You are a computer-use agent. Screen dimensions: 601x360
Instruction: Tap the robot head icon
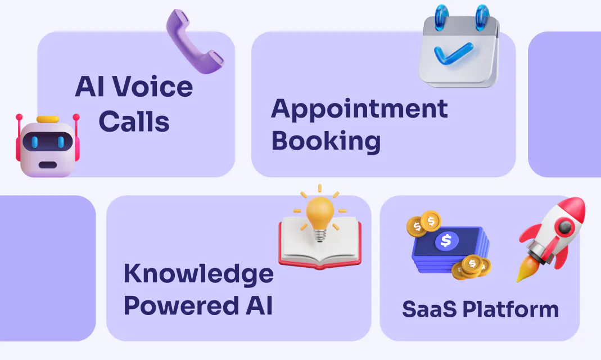pos(48,146)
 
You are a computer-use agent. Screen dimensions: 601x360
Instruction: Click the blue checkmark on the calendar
pos(453,53)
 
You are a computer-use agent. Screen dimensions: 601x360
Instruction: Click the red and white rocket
pos(552,238)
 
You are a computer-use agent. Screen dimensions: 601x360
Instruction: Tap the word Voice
pos(152,87)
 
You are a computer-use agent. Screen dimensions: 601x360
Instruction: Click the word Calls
pos(134,121)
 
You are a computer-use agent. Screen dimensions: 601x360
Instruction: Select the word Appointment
pos(359,110)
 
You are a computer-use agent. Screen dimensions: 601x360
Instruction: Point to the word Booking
pos(326,141)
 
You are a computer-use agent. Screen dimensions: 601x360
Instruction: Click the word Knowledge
pos(198,274)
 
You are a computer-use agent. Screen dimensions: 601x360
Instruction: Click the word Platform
pos(511,309)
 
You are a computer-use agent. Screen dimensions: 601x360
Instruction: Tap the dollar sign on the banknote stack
pos(446,241)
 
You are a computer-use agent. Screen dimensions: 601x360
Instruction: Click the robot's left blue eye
pos(34,142)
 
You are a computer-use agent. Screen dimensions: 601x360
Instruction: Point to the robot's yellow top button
pos(48,119)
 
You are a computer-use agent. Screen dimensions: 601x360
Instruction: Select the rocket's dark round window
pos(565,227)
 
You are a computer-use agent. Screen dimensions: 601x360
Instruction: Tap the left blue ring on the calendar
pos(441,17)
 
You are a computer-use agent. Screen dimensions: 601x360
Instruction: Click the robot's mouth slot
pos(48,165)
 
